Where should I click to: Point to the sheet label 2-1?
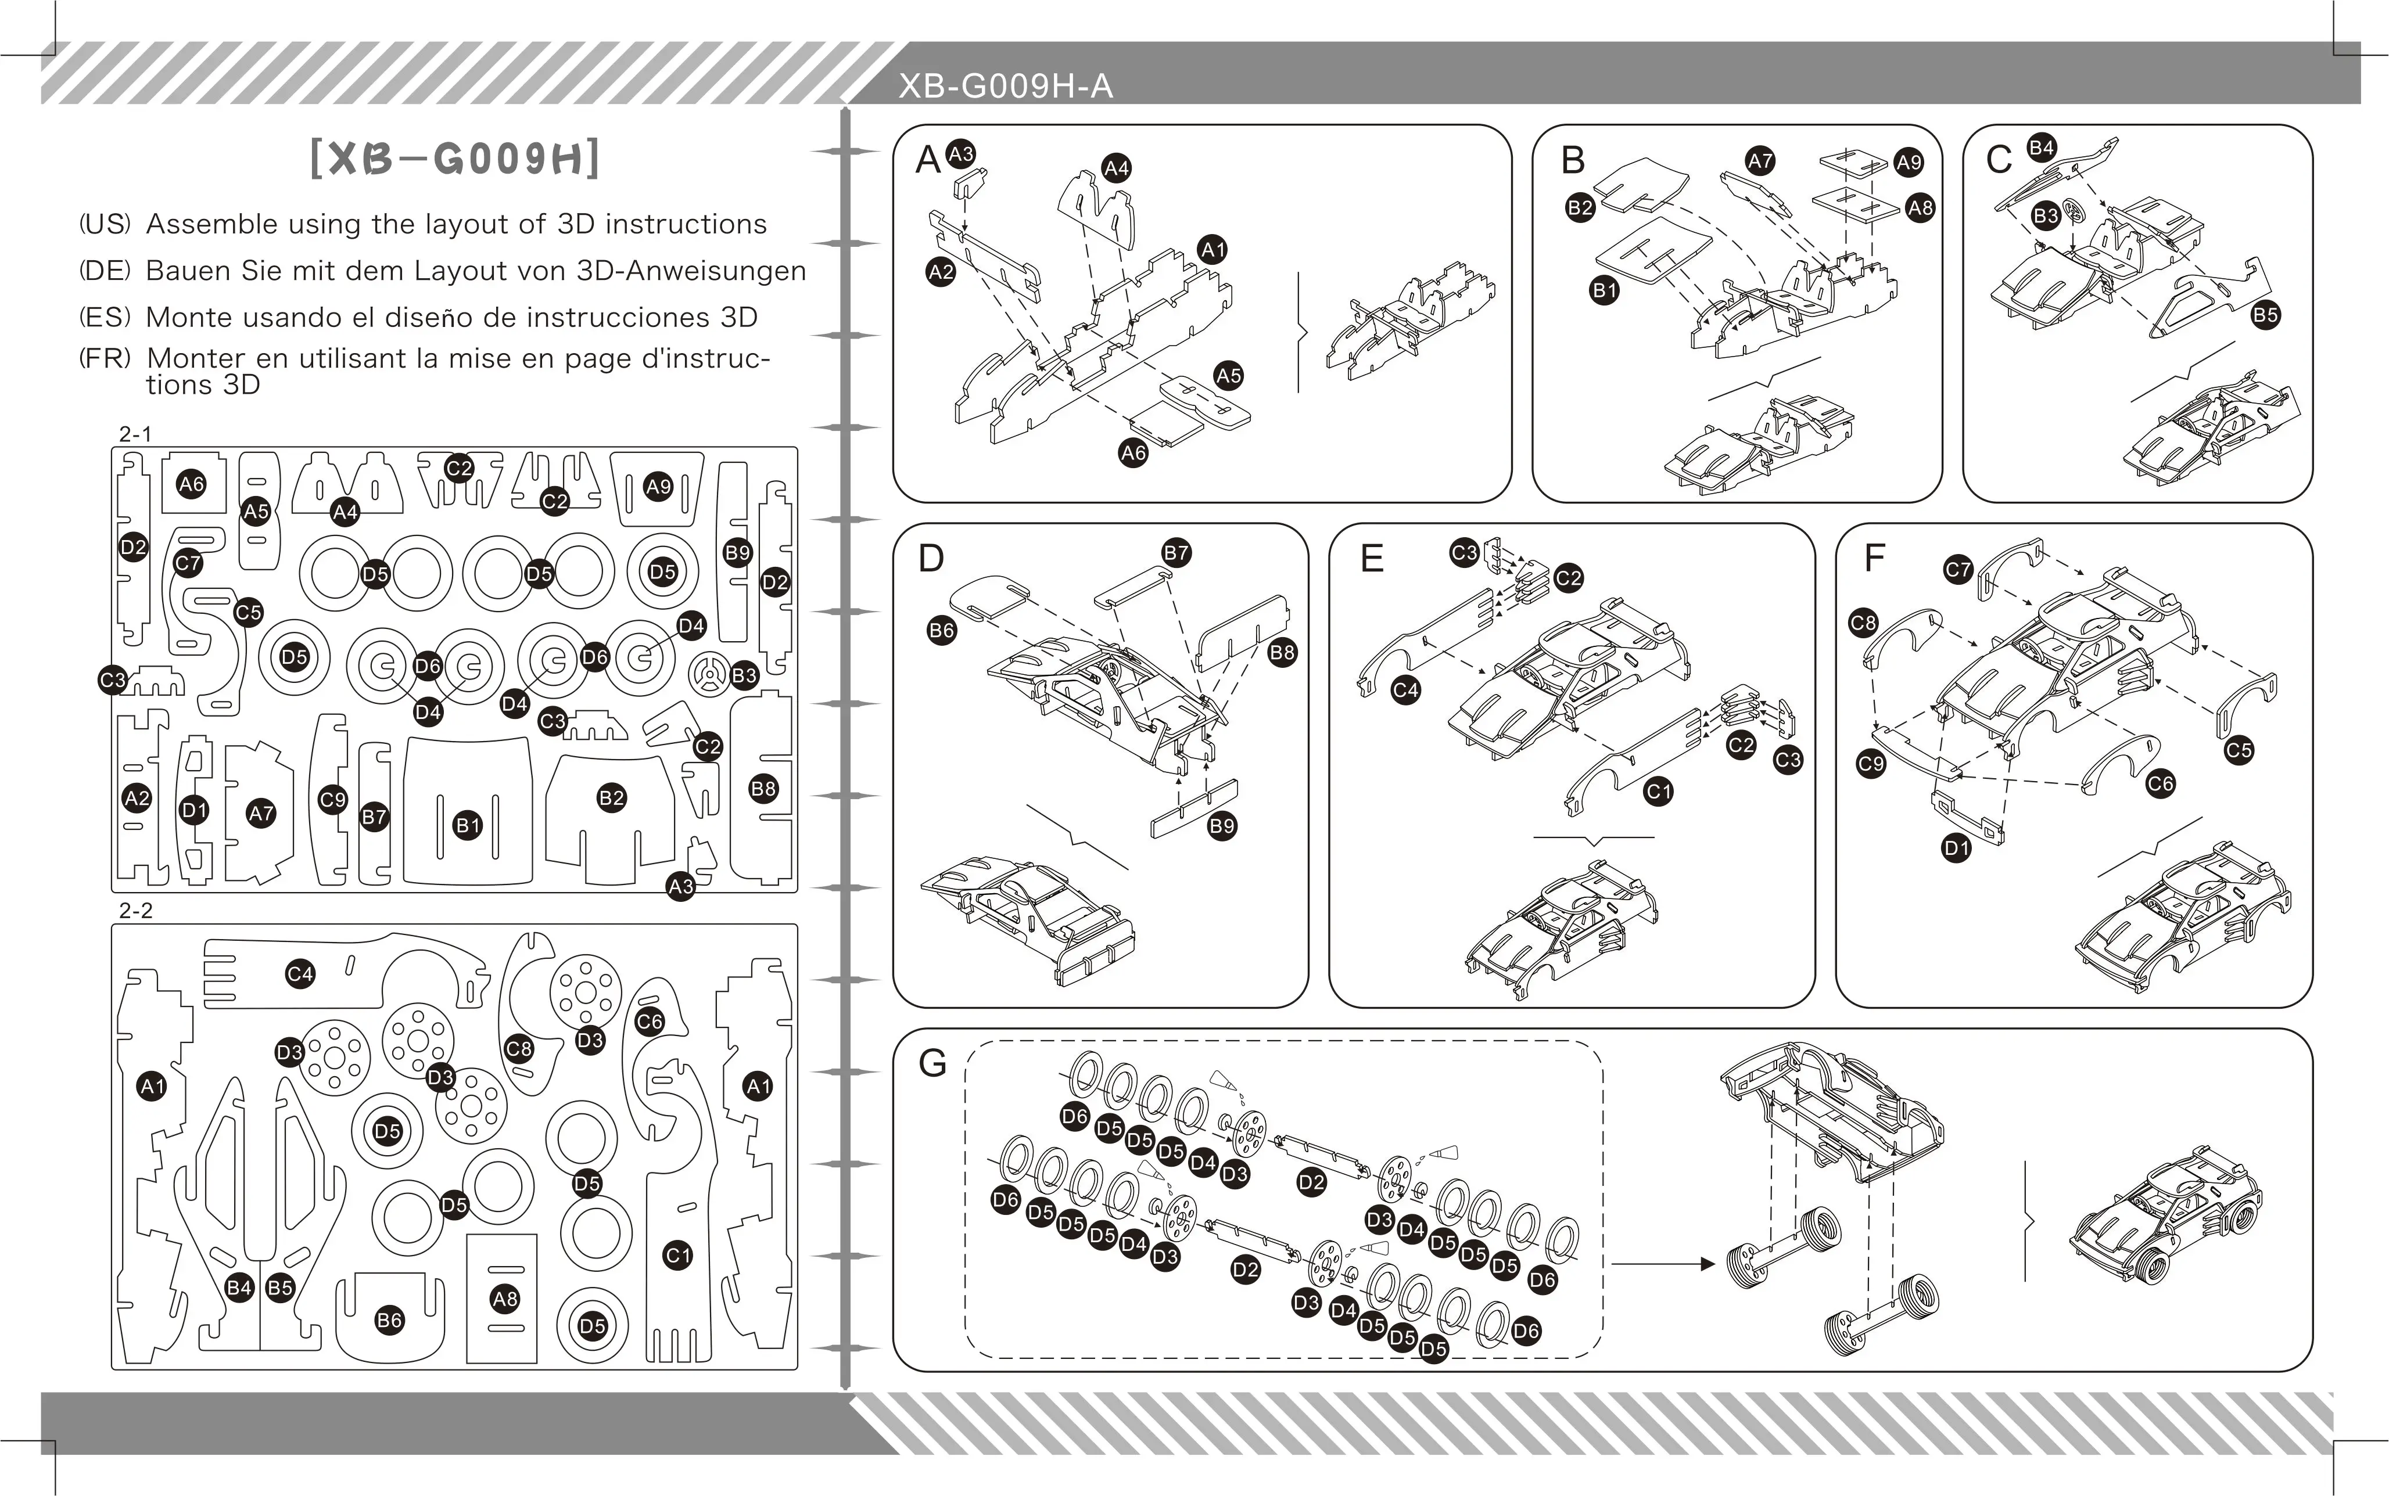135,433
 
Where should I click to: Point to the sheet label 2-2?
135,910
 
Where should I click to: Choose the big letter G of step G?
932,1063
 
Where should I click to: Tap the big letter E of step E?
1371,559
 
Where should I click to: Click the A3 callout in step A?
960,153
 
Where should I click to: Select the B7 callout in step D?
1176,553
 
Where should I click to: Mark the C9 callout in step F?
1870,764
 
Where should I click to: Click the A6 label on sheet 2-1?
191,484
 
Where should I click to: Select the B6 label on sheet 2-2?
389,1320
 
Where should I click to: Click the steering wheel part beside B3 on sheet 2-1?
709,675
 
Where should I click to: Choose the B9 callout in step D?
1222,826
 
